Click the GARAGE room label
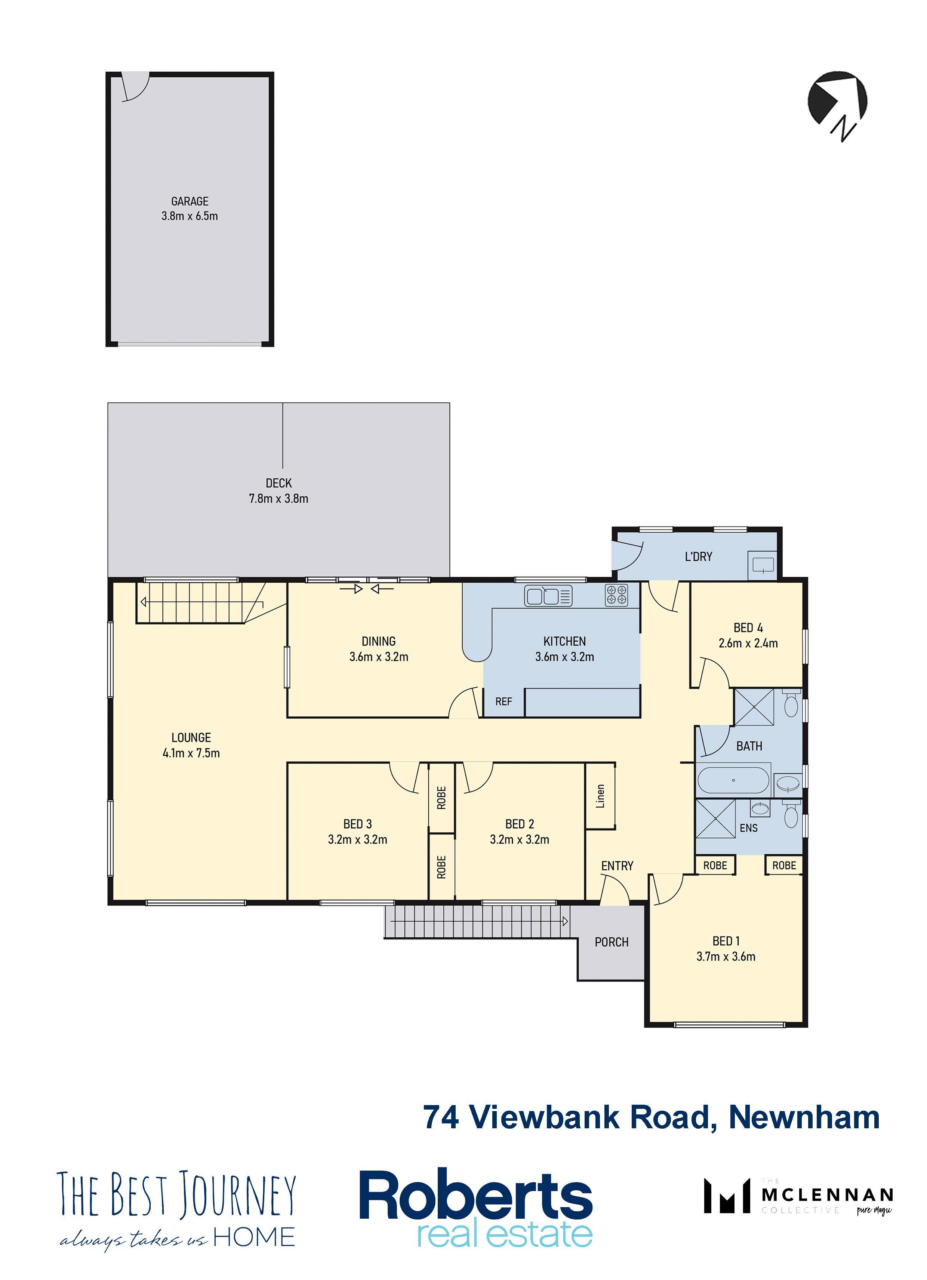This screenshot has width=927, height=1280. pyautogui.click(x=190, y=201)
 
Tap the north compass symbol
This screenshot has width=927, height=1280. pyautogui.click(x=838, y=105)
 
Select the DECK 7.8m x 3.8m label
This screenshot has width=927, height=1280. pyautogui.click(x=278, y=490)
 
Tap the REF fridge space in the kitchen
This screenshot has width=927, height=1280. pyautogui.click(x=503, y=701)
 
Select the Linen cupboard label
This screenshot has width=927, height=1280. pyautogui.click(x=600, y=796)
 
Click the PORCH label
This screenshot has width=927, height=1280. pyautogui.click(x=612, y=942)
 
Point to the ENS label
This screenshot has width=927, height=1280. pyautogui.click(x=749, y=828)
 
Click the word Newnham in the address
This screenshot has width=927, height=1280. pyautogui.click(x=804, y=1117)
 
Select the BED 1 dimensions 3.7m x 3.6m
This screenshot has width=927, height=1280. pyautogui.click(x=726, y=956)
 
